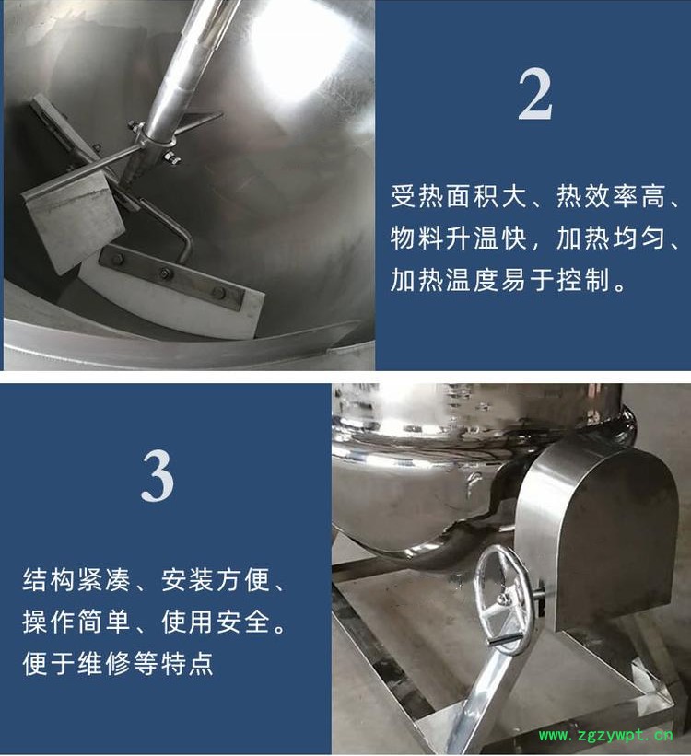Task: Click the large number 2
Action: coord(535,94)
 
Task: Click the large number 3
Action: coord(158,475)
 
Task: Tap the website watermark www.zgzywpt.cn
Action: coord(605,735)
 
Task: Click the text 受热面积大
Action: coord(457,197)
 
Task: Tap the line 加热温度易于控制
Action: coord(500,280)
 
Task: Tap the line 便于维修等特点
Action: coord(118,663)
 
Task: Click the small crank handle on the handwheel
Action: coord(503,640)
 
